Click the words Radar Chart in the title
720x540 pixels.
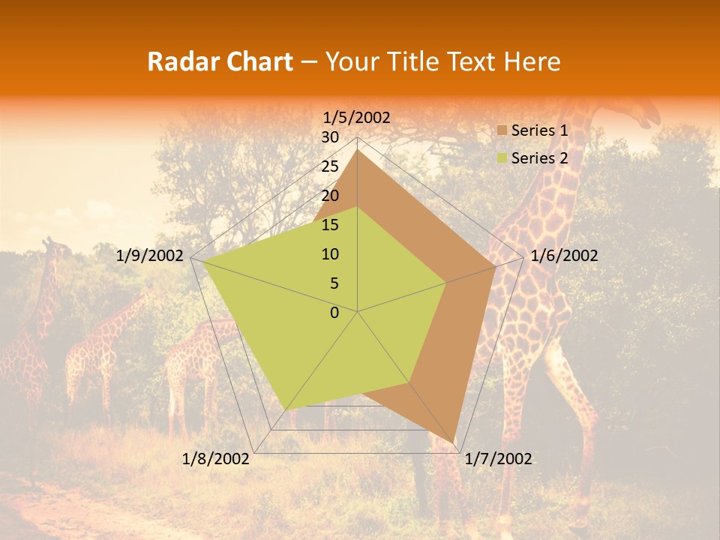[220, 62]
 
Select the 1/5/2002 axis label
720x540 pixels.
[357, 118]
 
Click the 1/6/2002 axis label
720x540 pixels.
[564, 256]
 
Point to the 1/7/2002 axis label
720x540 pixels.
[498, 459]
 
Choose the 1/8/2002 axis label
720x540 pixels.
[215, 459]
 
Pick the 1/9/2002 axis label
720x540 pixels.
[150, 256]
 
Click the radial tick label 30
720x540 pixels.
[330, 137]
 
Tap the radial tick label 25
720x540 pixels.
[330, 166]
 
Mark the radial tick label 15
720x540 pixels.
[330, 225]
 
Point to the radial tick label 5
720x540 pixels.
[334, 283]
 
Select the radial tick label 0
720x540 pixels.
[334, 313]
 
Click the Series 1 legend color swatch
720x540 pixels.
[502, 130]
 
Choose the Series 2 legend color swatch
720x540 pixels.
[502, 158]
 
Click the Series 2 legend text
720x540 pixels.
[539, 158]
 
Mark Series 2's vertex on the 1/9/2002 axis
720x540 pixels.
[203, 261]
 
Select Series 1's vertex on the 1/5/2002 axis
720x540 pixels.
[358, 150]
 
